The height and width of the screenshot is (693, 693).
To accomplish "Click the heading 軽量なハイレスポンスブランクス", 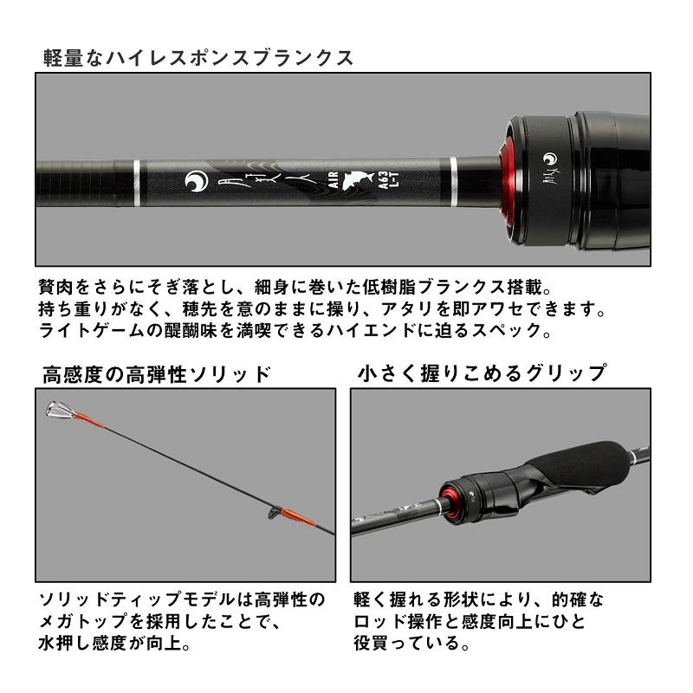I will pyautogui.click(x=198, y=58).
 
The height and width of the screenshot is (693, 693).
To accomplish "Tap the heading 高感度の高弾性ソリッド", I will pyautogui.click(x=157, y=374).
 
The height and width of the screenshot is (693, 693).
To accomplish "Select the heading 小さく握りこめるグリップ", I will pyautogui.click(x=482, y=374).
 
